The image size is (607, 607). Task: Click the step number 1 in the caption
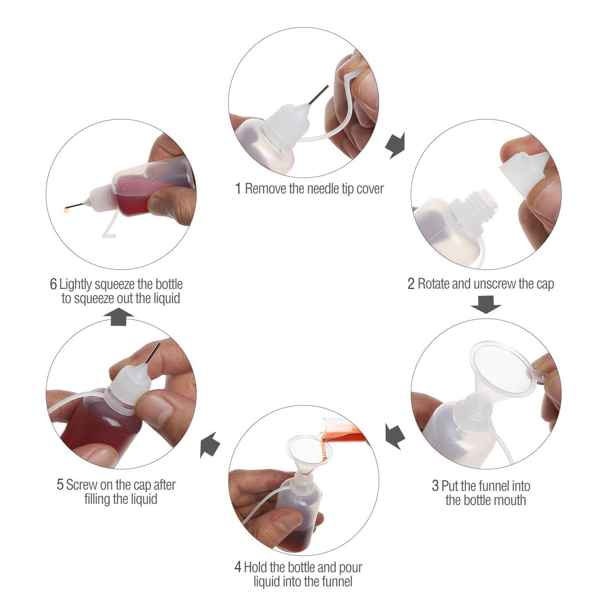(x=238, y=189)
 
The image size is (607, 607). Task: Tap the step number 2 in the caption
(x=411, y=284)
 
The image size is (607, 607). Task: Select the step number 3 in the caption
(x=435, y=486)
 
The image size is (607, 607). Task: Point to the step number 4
(x=238, y=567)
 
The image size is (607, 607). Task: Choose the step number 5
(x=60, y=485)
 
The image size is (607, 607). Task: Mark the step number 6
(x=53, y=284)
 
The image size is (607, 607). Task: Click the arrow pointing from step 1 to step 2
(x=395, y=146)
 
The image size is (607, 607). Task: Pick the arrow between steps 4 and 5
(x=210, y=444)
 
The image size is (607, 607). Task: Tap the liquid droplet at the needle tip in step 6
(x=66, y=210)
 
